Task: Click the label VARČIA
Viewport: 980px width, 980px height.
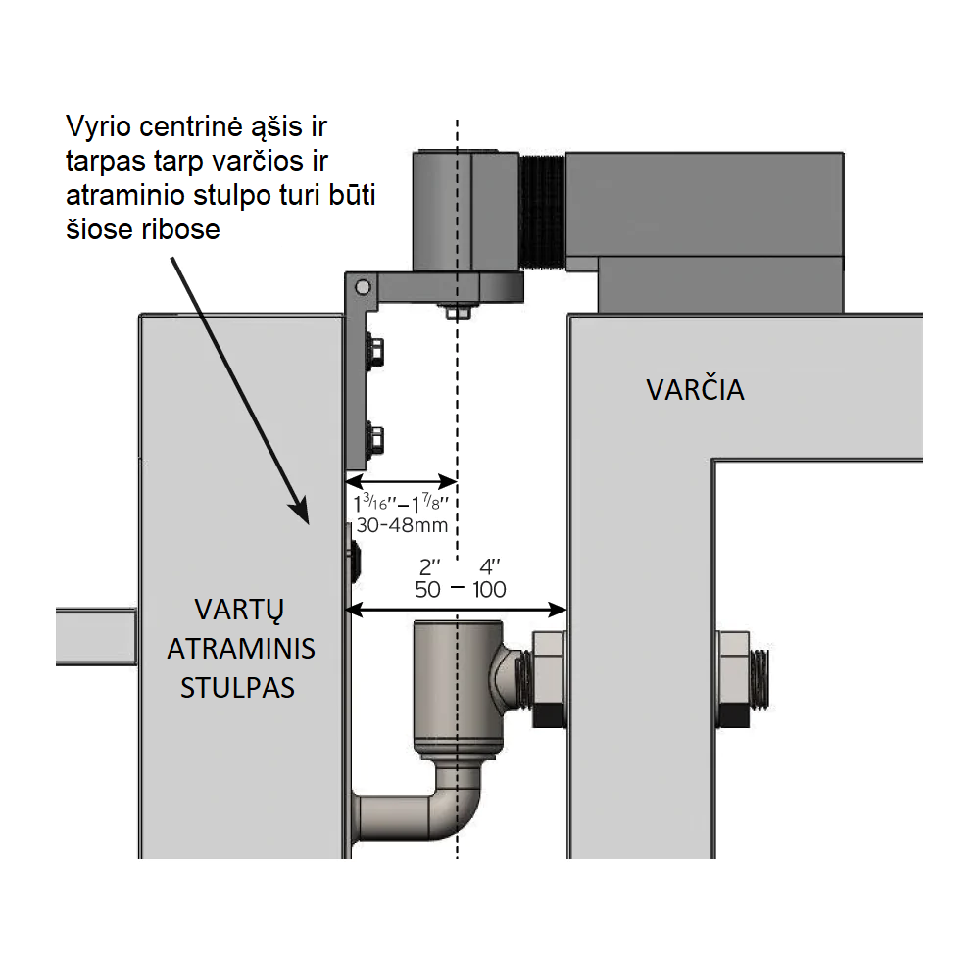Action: click(695, 390)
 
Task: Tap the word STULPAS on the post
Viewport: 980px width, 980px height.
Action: click(237, 687)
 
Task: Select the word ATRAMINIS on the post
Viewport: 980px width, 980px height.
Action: click(241, 649)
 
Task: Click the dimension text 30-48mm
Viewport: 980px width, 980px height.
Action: click(402, 525)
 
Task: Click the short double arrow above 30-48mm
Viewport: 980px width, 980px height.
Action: click(402, 481)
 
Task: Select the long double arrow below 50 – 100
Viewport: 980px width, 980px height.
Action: click(459, 610)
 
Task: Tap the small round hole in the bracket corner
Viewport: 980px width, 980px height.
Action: click(363, 287)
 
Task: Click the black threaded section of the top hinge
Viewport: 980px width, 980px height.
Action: click(543, 210)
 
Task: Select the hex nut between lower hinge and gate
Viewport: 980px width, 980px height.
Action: click(548, 678)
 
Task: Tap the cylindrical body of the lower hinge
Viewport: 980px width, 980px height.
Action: click(457, 686)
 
